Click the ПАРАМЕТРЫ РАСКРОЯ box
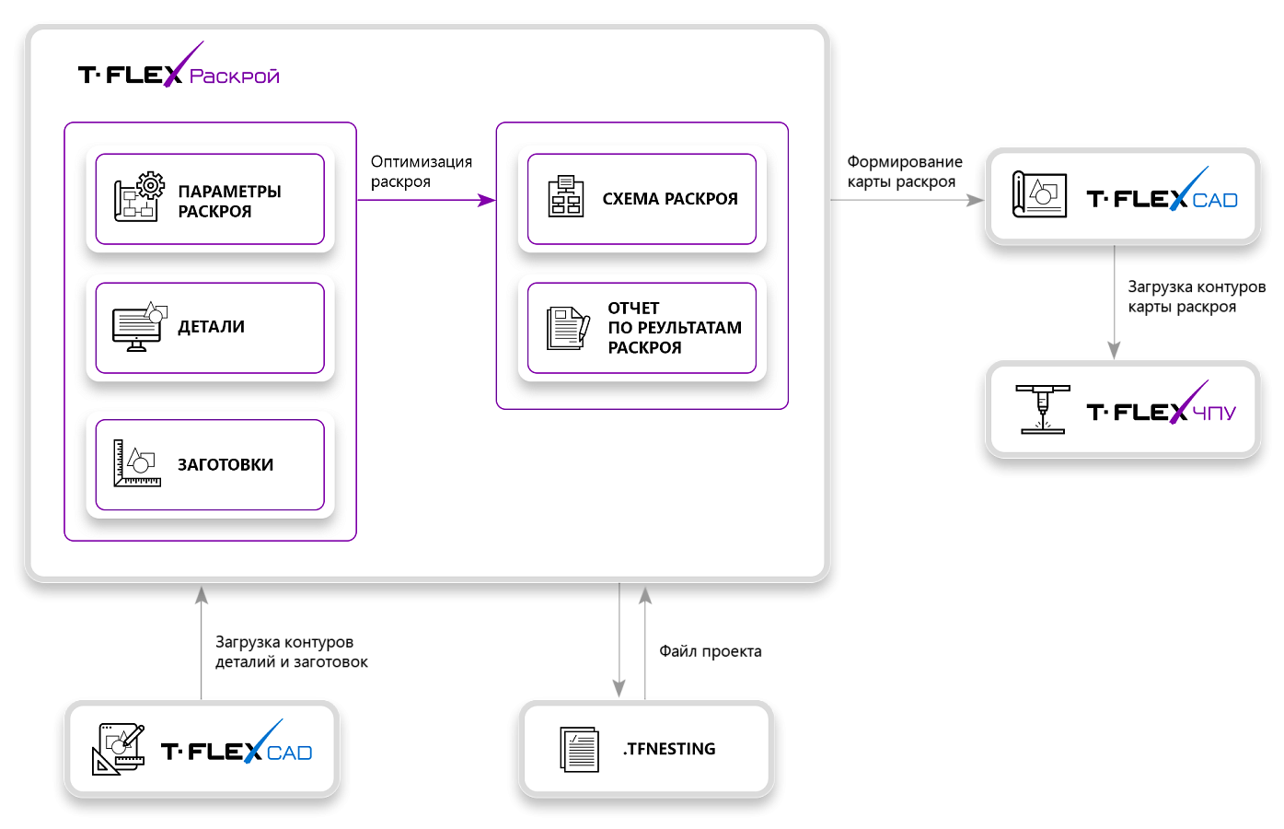point(210,199)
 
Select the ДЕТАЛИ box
point(210,328)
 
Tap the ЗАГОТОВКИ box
point(210,464)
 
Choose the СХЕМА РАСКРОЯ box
point(642,199)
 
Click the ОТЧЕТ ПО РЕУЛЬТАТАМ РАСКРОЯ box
point(642,328)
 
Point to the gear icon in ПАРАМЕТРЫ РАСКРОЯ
point(151,185)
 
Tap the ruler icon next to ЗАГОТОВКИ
point(137,463)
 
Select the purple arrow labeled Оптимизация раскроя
point(426,200)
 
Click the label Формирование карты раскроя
point(905,171)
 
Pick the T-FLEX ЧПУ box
point(1122,410)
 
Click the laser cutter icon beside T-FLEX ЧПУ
point(1043,410)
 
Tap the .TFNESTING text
point(669,749)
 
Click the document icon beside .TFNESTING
point(580,750)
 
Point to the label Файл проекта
point(711,651)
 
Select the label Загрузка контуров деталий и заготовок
point(291,652)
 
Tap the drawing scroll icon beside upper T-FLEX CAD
point(1039,194)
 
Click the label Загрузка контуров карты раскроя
point(1197,297)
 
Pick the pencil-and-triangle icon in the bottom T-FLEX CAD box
point(118,749)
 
